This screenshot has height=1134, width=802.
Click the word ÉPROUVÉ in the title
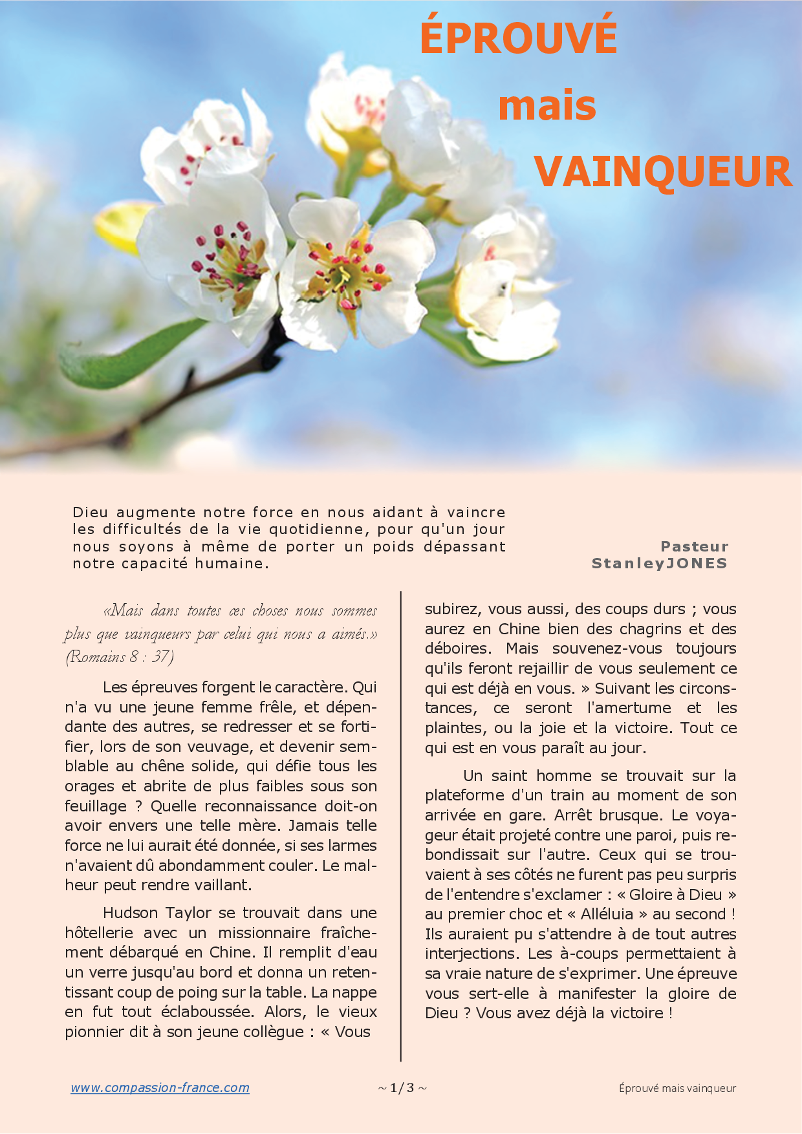519,37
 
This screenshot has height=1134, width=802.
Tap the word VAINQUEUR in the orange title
663,172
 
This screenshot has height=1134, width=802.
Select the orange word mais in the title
547,106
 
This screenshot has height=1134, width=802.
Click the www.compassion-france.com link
160,1087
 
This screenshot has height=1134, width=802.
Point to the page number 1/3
402,1087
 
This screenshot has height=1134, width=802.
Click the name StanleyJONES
659,563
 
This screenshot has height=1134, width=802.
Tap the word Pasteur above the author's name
695,546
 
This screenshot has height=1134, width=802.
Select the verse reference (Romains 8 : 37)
120,657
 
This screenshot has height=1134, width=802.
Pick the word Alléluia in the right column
607,914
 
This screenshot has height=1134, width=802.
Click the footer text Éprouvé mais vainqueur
677,1088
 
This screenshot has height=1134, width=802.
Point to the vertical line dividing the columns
401,828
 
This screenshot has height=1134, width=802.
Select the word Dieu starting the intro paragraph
90,512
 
